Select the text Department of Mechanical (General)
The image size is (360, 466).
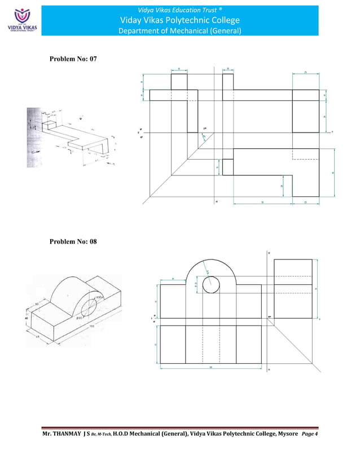(180, 31)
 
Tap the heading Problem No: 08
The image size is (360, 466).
(73, 242)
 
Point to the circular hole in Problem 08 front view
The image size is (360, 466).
(211, 285)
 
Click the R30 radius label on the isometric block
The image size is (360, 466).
(98, 297)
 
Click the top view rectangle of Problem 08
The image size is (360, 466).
(211, 345)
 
